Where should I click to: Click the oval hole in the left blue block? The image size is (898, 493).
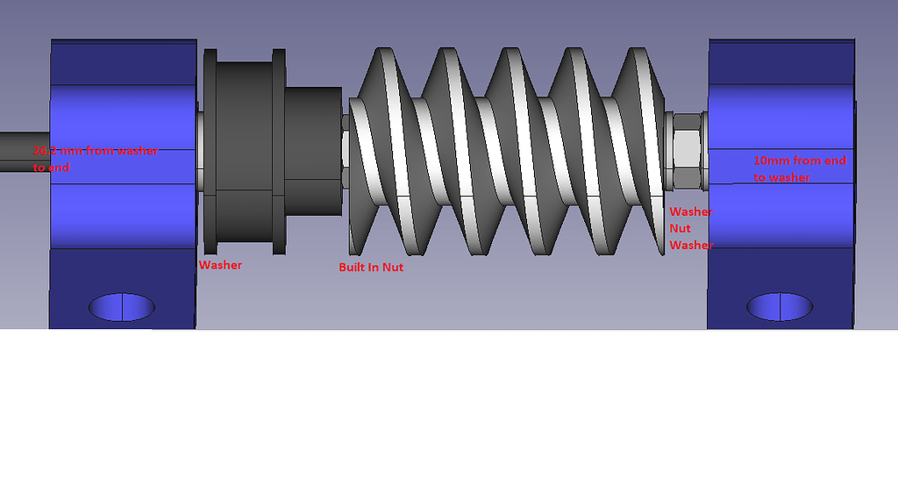[x=122, y=306]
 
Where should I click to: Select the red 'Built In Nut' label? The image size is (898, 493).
[x=371, y=267]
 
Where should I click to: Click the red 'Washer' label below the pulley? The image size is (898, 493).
[x=220, y=264]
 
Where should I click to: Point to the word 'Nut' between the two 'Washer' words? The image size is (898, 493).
[x=681, y=228]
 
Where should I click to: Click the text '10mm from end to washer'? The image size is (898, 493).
[x=799, y=168]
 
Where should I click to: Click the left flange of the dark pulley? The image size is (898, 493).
[x=210, y=151]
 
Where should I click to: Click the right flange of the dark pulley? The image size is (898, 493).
[x=279, y=151]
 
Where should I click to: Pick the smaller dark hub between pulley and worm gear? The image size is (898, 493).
[x=313, y=151]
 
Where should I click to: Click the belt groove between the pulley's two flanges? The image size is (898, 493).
[x=244, y=151]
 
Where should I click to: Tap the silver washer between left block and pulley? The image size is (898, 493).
[x=200, y=151]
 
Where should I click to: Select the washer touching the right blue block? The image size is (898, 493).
[x=703, y=151]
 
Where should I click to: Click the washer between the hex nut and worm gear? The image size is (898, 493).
[x=668, y=151]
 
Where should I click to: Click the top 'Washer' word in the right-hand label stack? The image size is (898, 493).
[x=691, y=211]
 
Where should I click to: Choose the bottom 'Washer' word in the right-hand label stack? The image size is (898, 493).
[x=691, y=245]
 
